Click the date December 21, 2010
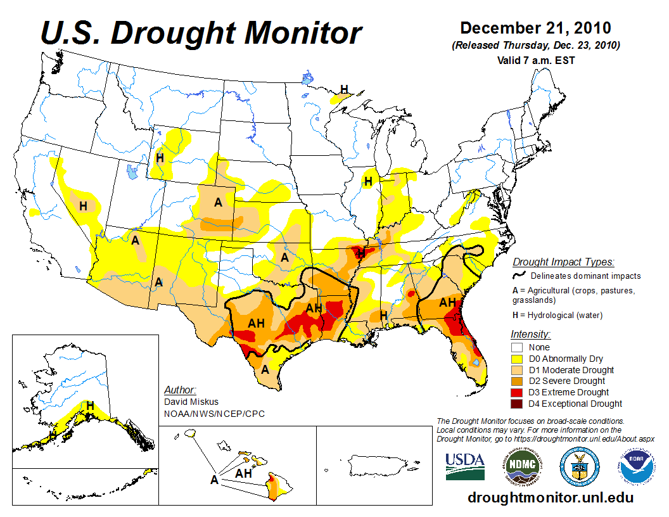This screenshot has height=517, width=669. click(x=535, y=28)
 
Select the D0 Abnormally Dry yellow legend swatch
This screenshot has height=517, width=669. click(x=518, y=359)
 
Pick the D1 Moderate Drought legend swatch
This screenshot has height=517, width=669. click(x=518, y=370)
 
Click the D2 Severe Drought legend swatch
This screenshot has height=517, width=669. click(x=518, y=381)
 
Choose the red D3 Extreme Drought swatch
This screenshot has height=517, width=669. click(x=518, y=392)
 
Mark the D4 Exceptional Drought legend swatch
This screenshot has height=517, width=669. click(x=518, y=404)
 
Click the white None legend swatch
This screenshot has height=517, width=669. click(x=518, y=347)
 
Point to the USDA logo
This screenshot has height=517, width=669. click(x=465, y=465)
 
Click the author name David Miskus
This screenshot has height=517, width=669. click(x=190, y=402)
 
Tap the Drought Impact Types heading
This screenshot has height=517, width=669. click(x=563, y=262)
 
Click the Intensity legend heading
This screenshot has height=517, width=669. click(x=530, y=334)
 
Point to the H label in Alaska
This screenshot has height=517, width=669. click(x=90, y=405)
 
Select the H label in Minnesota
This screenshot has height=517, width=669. click(x=344, y=89)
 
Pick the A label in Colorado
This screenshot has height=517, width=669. click(x=218, y=203)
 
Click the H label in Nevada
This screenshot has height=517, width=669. click(x=83, y=206)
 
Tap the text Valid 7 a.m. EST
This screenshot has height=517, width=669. click(x=535, y=61)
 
